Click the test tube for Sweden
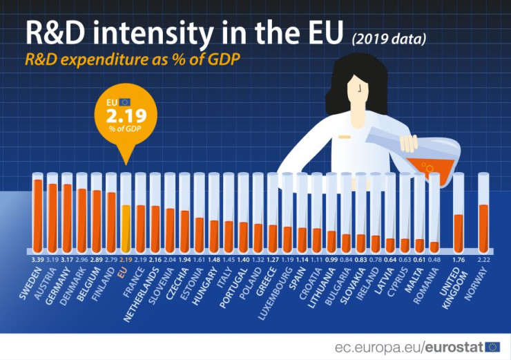pyautogui.click(x=38, y=213)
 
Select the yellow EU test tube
pyautogui.click(x=125, y=213)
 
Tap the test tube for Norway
pyautogui.click(x=483, y=213)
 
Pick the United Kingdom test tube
pyautogui.click(x=458, y=213)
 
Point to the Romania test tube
pyautogui.click(x=434, y=213)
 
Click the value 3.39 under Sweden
pyautogui.click(x=38, y=260)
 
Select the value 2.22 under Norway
pyautogui.click(x=483, y=260)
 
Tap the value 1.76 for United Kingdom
pyautogui.click(x=458, y=260)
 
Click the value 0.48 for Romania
pyautogui.click(x=434, y=260)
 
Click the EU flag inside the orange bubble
pyautogui.click(x=125, y=102)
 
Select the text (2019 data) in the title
pyautogui.click(x=388, y=38)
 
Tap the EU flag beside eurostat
pyautogui.click(x=492, y=347)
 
